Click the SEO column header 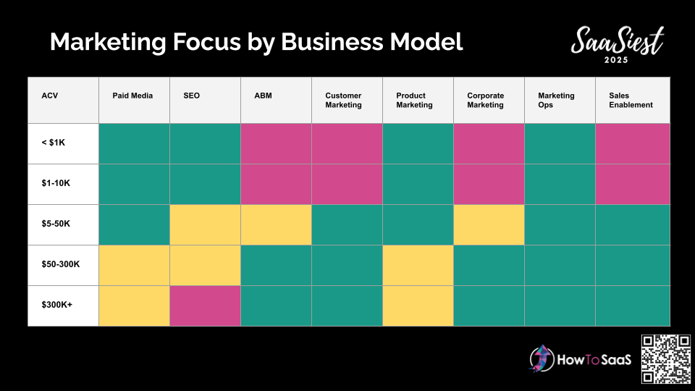[191, 96]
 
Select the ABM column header [263, 96]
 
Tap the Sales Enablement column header [631, 100]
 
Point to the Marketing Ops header [556, 100]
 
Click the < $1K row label [53, 143]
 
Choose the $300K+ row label [56, 305]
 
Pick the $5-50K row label [56, 224]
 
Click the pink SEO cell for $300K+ [205, 306]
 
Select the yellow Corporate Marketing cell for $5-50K [489, 224]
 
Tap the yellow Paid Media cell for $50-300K [135, 265]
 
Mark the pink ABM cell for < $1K [276, 143]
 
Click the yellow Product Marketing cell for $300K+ [418, 306]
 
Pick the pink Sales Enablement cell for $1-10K [633, 185]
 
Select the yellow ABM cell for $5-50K [276, 224]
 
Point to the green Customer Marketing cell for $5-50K [347, 224]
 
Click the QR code [666, 359]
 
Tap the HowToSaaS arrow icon [542, 358]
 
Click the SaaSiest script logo [618, 41]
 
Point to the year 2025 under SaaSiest [616, 60]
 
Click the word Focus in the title [206, 42]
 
